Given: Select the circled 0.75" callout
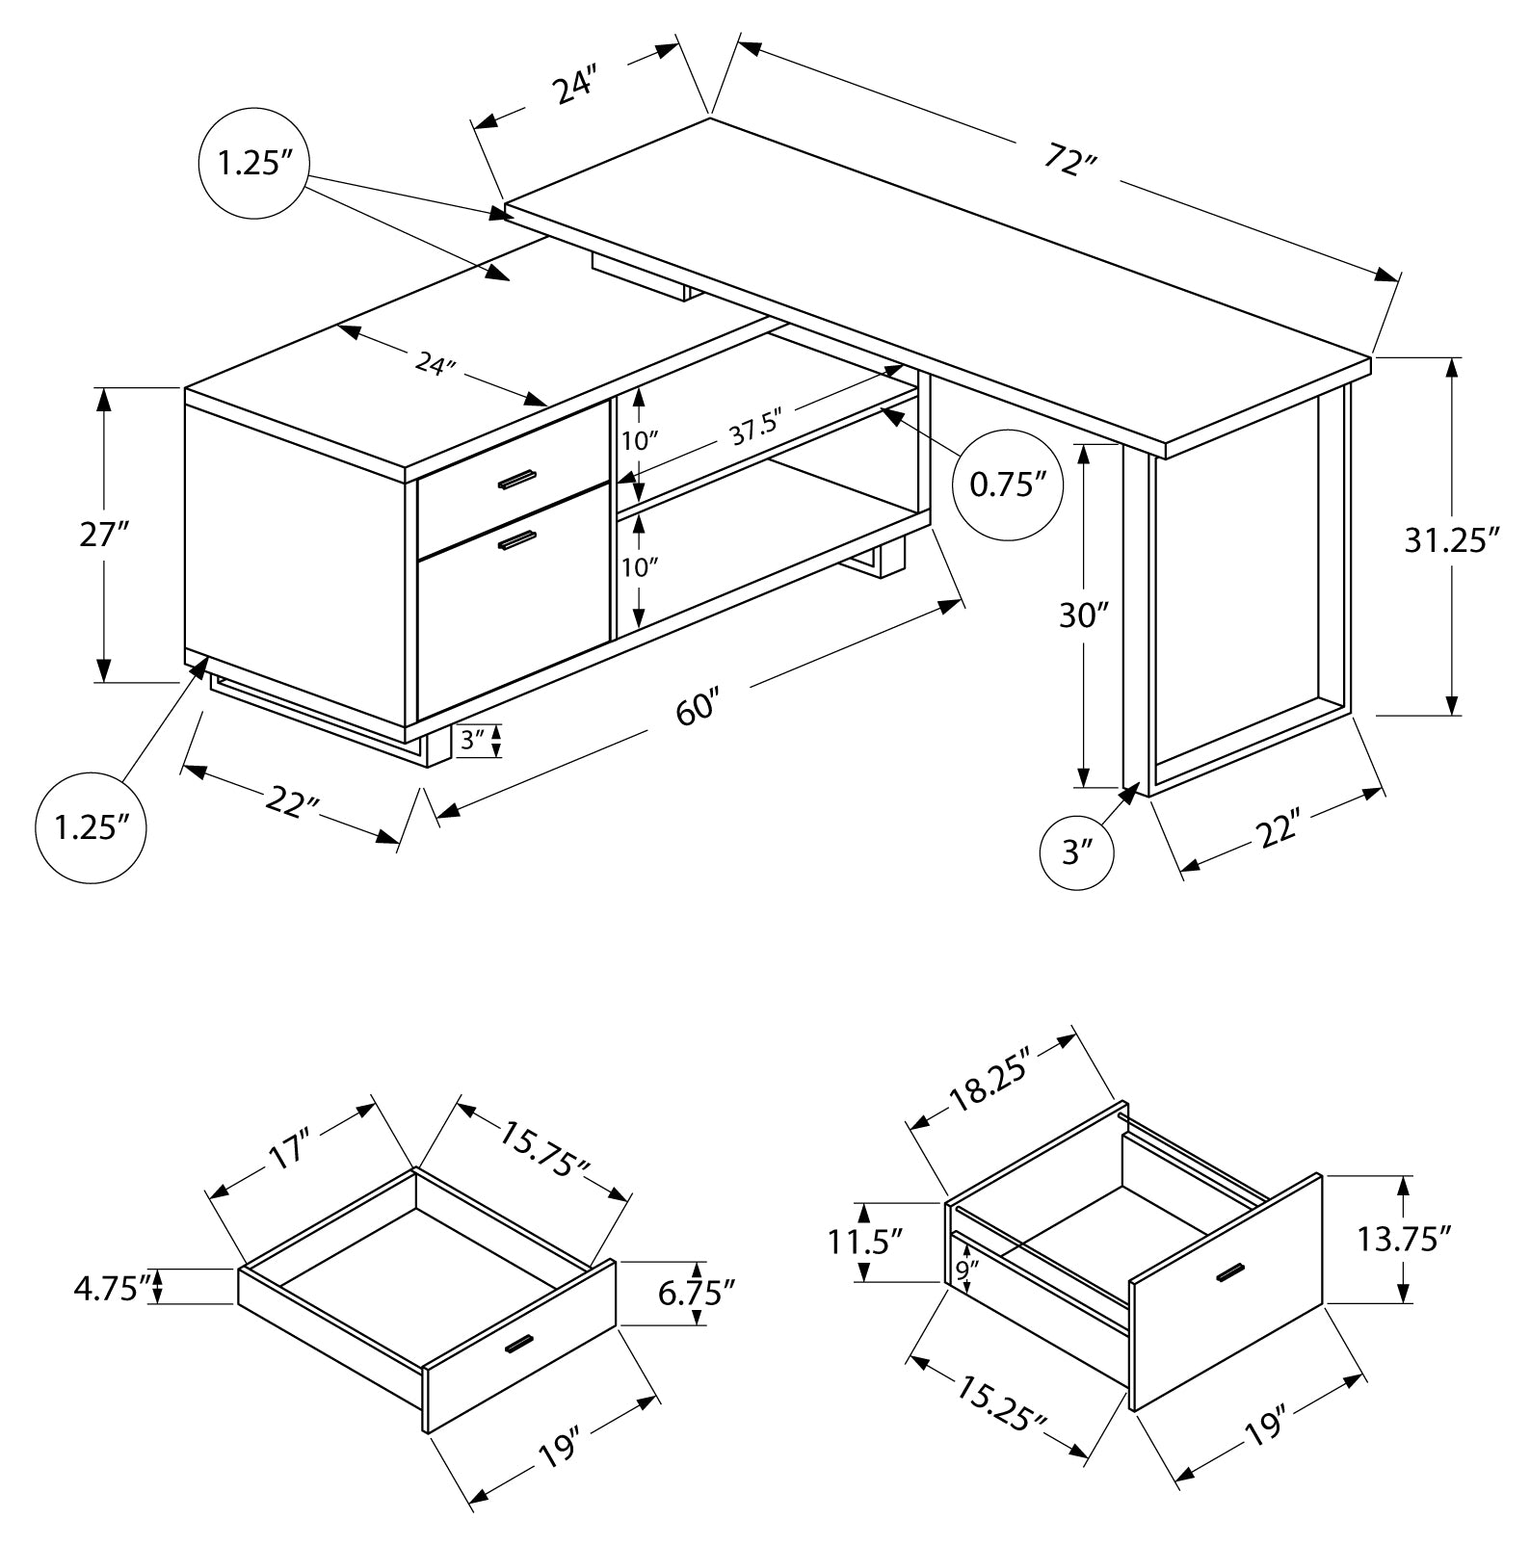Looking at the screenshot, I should pyautogui.click(x=1007, y=484).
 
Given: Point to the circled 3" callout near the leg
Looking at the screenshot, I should pyautogui.click(x=1077, y=851).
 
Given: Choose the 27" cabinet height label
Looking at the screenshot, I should pyautogui.click(x=103, y=534).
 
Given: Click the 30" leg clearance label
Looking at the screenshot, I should pyautogui.click(x=1085, y=614).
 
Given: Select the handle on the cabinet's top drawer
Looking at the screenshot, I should pyautogui.click(x=517, y=479).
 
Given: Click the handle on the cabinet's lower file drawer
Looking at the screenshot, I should pyautogui.click(x=517, y=541).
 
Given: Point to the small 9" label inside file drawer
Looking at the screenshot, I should pyautogui.click(x=962, y=1271).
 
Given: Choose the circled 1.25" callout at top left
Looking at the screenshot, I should pyautogui.click(x=253, y=164).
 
